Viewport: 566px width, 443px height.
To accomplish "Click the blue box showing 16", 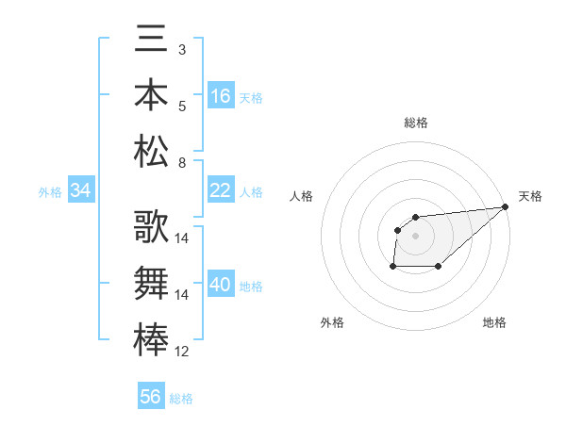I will [221, 96].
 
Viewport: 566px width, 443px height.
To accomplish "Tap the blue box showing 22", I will [221, 190].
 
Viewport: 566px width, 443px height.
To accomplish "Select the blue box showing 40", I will [221, 285].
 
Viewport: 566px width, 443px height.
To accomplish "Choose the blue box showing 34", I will [81, 191].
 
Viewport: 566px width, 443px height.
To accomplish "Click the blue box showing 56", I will [151, 397].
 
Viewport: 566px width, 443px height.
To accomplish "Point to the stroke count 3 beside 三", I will [181, 48].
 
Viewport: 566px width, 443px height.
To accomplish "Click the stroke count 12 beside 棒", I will [182, 352].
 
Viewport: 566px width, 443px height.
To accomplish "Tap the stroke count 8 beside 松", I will [181, 163].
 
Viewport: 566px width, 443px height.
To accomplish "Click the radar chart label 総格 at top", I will [416, 123].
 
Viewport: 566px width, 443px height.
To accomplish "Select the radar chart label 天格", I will [530, 196].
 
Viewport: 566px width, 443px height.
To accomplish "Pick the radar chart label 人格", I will [302, 196].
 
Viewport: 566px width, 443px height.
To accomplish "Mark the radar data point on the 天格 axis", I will [505, 206].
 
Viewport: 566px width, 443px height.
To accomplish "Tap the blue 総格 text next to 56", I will [181, 399].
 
